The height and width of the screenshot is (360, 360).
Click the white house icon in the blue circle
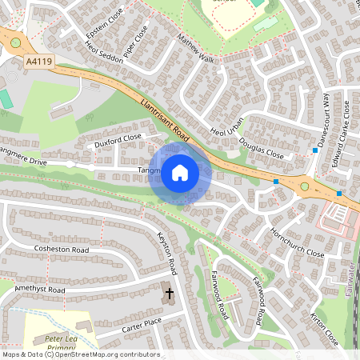point(180,172)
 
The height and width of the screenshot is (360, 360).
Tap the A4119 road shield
point(38,61)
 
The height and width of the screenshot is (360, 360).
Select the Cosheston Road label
point(61,249)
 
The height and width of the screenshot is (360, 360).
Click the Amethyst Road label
point(34,290)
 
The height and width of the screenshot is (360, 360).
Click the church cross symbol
point(169,294)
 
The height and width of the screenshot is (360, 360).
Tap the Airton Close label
point(326,331)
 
